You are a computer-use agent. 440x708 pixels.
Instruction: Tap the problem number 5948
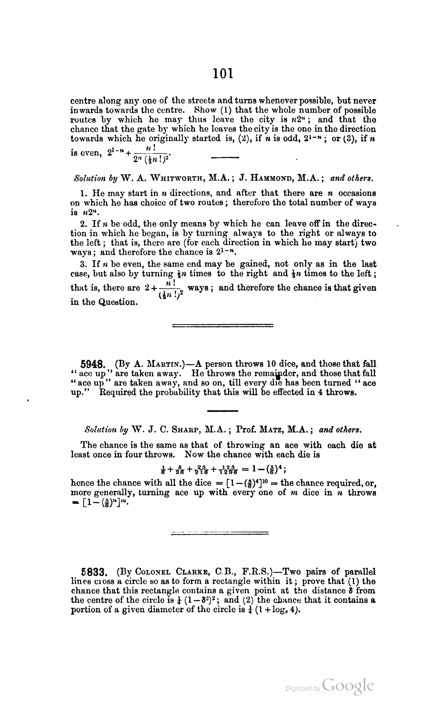(x=94, y=364)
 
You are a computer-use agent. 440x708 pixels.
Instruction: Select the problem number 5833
(x=94, y=571)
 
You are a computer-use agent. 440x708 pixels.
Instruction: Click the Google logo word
(x=348, y=685)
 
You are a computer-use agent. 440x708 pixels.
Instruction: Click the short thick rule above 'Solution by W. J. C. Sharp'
(x=223, y=411)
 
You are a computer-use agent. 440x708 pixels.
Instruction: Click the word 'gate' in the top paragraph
(x=129, y=129)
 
